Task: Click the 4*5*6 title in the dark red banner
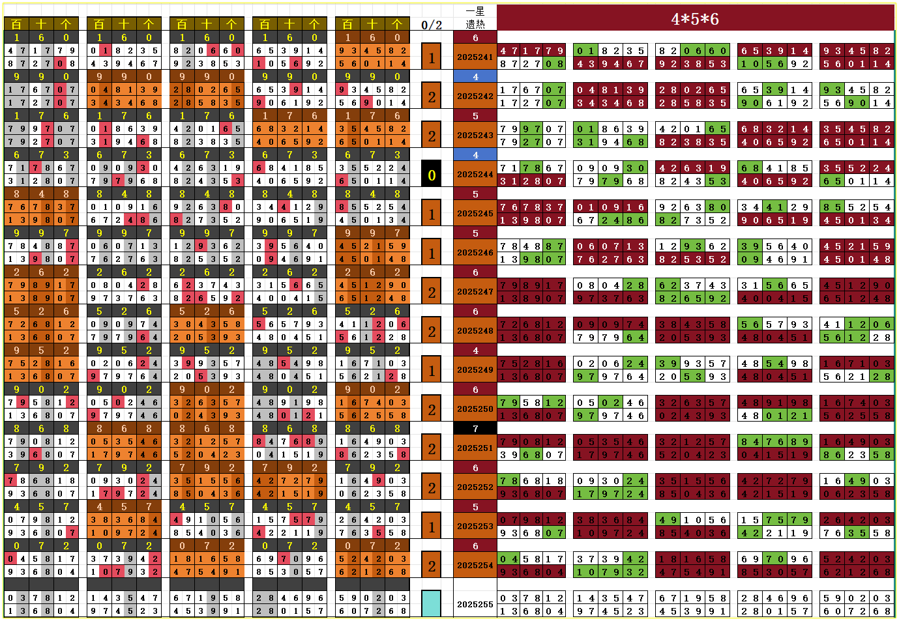(x=695, y=19)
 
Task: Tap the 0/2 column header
(x=432, y=25)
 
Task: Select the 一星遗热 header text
(x=475, y=18)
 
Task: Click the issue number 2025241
(x=475, y=57)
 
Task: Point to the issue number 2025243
(x=475, y=136)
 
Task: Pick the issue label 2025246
(x=475, y=253)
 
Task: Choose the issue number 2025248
(x=475, y=331)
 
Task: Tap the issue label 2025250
(x=475, y=409)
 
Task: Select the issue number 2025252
(x=475, y=487)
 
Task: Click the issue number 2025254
(x=475, y=566)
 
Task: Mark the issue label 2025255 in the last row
(x=475, y=605)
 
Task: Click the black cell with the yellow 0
(x=432, y=175)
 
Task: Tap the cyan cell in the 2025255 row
(x=432, y=603)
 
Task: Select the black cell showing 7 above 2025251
(x=475, y=429)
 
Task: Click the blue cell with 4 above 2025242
(x=475, y=77)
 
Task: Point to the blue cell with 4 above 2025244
(x=475, y=155)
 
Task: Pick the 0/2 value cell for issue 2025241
(x=432, y=57)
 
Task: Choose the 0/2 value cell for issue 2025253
(x=432, y=527)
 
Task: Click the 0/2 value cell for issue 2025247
(x=432, y=292)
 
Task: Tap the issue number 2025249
(x=475, y=370)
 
